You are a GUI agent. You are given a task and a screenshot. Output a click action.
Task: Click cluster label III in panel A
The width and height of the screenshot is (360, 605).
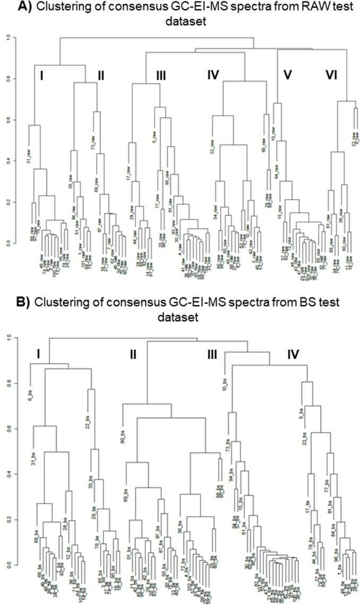(161, 76)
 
